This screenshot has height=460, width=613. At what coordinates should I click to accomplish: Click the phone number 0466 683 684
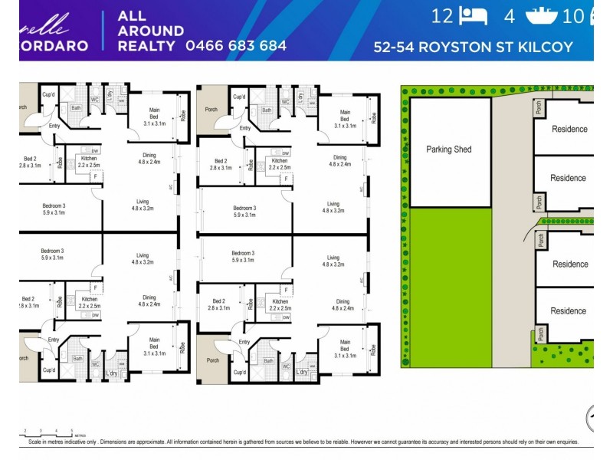point(236,46)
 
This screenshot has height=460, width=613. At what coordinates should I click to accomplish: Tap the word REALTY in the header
point(146,46)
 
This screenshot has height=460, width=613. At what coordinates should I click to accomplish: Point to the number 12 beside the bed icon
point(442,16)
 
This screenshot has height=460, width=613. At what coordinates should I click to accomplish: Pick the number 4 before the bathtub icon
point(509,16)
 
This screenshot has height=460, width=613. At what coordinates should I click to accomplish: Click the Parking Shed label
point(448,149)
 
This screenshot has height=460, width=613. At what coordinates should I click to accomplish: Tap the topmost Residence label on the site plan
point(570,130)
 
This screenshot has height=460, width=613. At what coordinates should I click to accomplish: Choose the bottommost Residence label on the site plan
point(568,311)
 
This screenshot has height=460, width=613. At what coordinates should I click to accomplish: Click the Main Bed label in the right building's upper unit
point(345,119)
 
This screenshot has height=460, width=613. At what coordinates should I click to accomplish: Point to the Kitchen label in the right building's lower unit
point(280,305)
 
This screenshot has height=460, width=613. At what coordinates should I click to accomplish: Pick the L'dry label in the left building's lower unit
point(112,373)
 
